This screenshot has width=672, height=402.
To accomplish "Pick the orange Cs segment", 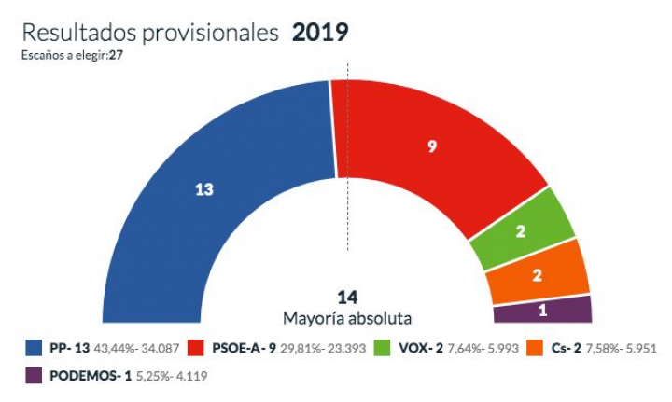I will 538,273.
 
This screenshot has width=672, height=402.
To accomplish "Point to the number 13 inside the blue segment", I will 203,189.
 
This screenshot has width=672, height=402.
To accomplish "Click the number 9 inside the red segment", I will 432,146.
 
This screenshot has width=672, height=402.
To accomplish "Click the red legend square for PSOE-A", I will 199,349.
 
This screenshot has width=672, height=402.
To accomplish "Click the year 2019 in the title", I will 320,34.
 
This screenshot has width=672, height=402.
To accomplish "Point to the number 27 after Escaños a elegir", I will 118,56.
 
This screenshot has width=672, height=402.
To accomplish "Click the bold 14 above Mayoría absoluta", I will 348,298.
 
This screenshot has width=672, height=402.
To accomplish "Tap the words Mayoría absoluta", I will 348,317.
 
